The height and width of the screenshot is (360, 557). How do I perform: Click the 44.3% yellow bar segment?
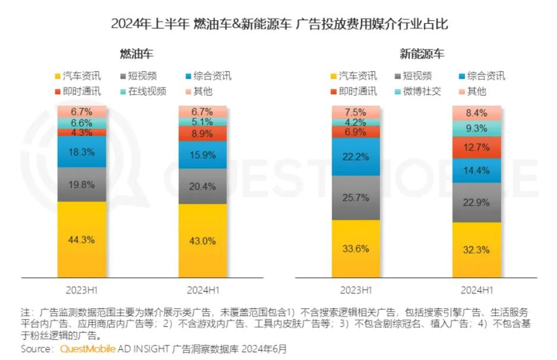pos(81,239)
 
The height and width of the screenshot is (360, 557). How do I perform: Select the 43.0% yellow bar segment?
pos(203,241)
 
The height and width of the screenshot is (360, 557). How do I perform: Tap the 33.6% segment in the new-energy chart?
pos(356,248)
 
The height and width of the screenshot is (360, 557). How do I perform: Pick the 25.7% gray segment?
pos(356,198)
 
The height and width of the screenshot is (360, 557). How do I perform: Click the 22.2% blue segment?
pos(356,156)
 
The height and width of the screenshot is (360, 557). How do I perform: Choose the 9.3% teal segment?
pos(476,128)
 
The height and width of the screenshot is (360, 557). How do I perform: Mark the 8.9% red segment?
pos(203,134)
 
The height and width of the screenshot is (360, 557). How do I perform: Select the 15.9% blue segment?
pos(203,155)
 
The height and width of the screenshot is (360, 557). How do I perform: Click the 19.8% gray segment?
pos(81,184)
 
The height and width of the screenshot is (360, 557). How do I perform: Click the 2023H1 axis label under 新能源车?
pos(355,290)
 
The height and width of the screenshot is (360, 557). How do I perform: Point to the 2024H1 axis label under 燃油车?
pos(203,290)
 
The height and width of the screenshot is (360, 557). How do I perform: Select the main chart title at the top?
pos(279,24)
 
